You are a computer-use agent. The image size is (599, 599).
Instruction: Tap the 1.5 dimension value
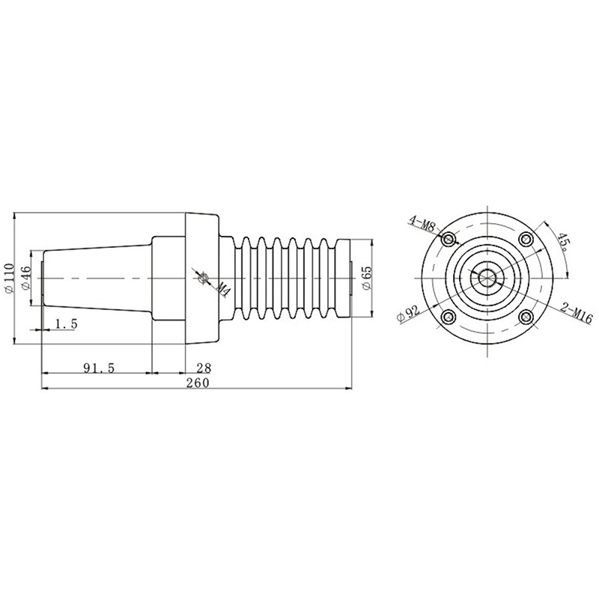[x=67, y=324]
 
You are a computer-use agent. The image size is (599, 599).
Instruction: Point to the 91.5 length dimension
[x=99, y=368]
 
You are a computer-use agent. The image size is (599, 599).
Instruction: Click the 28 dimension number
[x=204, y=368]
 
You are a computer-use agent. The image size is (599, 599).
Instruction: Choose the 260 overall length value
[x=198, y=383]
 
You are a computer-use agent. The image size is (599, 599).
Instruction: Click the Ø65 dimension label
[x=366, y=278]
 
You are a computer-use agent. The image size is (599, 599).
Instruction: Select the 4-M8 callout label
[x=422, y=222]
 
